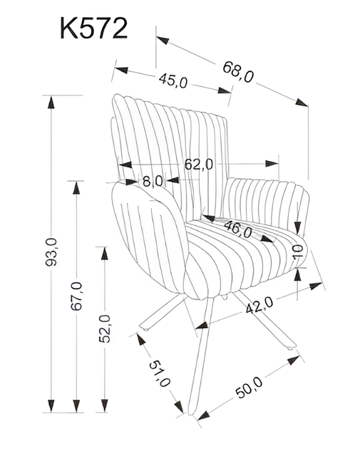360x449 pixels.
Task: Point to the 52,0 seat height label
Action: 104,328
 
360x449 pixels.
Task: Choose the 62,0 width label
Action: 199,164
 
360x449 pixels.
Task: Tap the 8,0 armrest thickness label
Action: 152,181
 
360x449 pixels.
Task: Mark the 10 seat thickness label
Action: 298,251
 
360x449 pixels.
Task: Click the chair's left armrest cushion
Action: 150,235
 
